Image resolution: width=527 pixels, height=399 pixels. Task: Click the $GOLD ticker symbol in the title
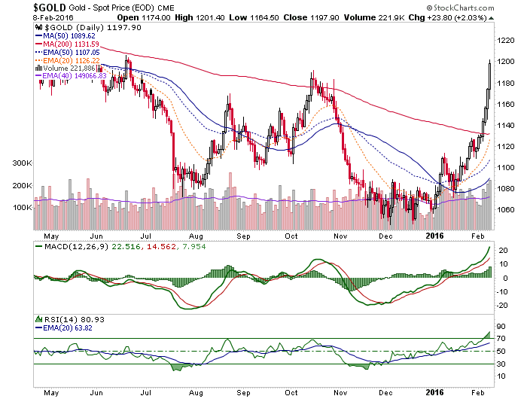click(x=50, y=8)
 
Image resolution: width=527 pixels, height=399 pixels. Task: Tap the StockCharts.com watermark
click(x=461, y=8)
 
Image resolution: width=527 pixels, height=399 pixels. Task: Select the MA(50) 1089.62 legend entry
click(x=65, y=36)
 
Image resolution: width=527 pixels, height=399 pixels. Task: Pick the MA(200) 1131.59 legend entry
click(x=67, y=44)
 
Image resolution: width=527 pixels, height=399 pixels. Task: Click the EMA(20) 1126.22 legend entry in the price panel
click(x=68, y=60)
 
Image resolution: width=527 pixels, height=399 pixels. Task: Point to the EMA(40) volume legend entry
click(x=71, y=76)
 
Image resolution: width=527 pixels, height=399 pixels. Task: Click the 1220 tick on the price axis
click(x=505, y=41)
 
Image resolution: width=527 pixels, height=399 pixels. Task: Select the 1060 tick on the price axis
click(x=505, y=210)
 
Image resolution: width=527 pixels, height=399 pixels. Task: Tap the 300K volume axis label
click(x=22, y=163)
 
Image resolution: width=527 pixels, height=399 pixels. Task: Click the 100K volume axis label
click(x=22, y=207)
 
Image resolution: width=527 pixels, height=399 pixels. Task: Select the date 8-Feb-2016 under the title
click(x=53, y=18)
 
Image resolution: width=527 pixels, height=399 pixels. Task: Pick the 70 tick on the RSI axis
click(x=501, y=339)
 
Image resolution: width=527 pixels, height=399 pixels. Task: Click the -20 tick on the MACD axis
click(x=502, y=306)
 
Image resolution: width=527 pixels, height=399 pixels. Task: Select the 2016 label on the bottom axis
click(x=434, y=393)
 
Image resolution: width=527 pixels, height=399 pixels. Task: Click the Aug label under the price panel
click(x=196, y=236)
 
